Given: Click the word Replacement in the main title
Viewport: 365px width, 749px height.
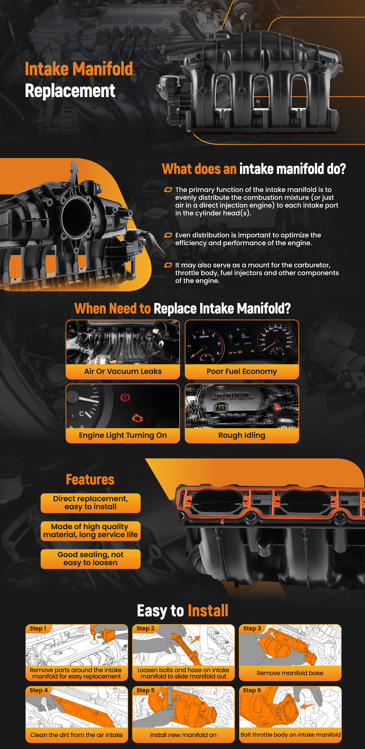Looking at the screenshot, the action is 70,91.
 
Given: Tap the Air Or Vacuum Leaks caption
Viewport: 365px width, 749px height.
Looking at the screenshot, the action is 123,371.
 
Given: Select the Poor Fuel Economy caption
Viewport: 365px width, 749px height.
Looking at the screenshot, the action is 242,371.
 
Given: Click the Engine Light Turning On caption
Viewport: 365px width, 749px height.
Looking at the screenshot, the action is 123,435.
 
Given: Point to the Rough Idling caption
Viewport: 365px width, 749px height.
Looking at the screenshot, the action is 242,435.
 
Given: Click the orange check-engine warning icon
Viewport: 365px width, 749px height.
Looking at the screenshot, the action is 137,418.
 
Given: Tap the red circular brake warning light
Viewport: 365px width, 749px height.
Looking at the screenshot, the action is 125,397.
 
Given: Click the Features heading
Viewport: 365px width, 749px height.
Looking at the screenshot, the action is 90,479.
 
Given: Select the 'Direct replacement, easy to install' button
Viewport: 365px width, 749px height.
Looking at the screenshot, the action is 91,503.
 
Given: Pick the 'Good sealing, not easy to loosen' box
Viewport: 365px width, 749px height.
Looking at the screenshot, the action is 91,559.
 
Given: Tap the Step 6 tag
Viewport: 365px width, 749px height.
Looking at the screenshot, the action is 252,690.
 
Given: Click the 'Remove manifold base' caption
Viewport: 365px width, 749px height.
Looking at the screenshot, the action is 290,673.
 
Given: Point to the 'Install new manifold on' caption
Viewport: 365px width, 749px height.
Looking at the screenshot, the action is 183,735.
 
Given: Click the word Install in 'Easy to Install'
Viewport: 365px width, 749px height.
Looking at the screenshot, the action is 208,611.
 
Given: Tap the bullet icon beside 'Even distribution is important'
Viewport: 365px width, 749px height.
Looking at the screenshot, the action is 168,235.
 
